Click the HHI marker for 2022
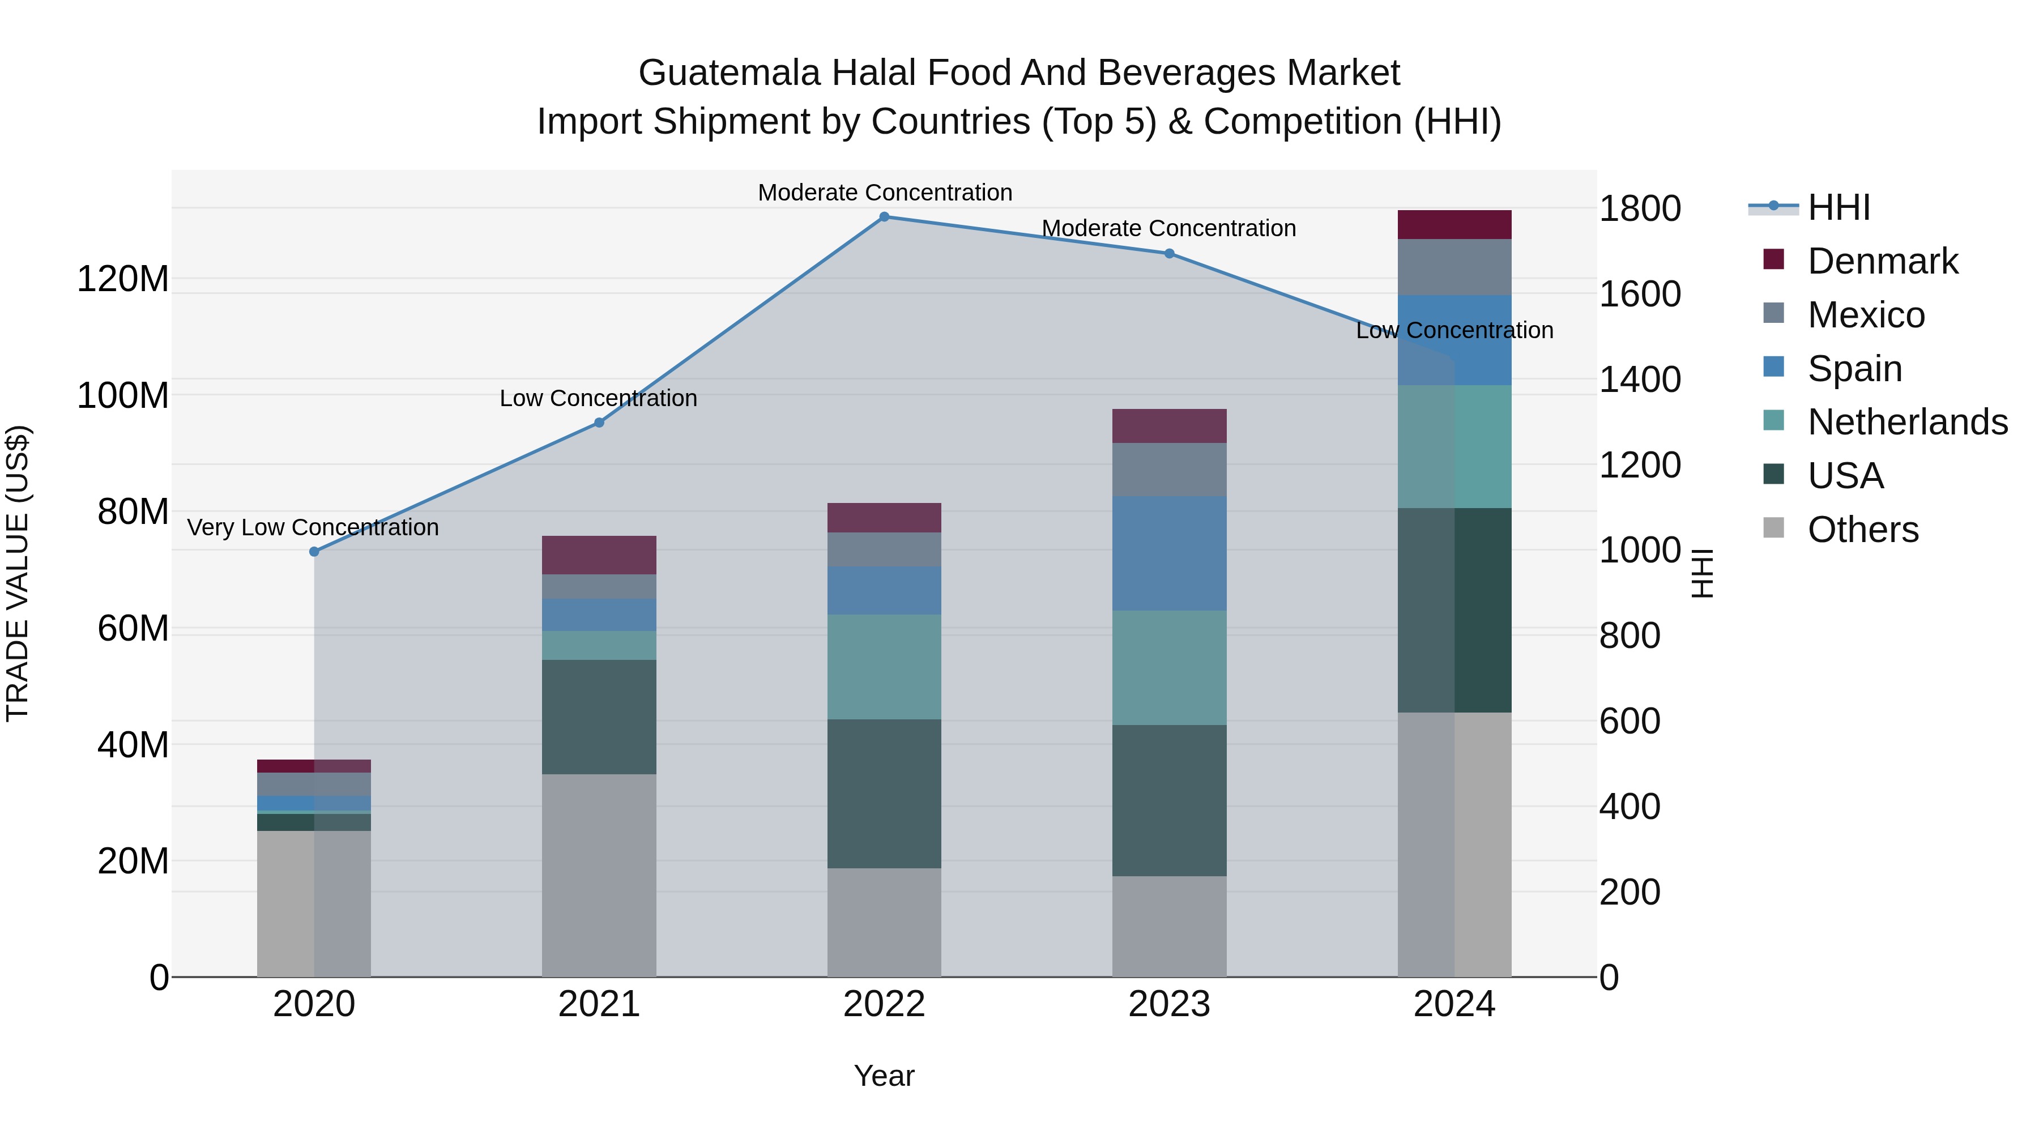pyautogui.click(x=884, y=217)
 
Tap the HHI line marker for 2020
pyautogui.click(x=314, y=552)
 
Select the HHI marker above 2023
pyautogui.click(x=1169, y=253)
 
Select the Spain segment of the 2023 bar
pyautogui.click(x=1169, y=553)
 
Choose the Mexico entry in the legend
pyautogui.click(x=1866, y=315)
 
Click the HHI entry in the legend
pyautogui.click(x=1838, y=207)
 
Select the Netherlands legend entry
pyautogui.click(x=1907, y=422)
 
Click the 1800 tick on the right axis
pyautogui.click(x=1639, y=209)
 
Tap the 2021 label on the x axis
pyautogui.click(x=599, y=1004)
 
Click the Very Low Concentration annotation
pyautogui.click(x=313, y=527)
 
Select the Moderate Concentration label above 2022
pyautogui.click(x=885, y=193)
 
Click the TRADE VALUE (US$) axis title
pyautogui.click(x=18, y=573)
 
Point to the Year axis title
pyautogui.click(x=884, y=1076)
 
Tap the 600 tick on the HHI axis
pyautogui.click(x=1629, y=721)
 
